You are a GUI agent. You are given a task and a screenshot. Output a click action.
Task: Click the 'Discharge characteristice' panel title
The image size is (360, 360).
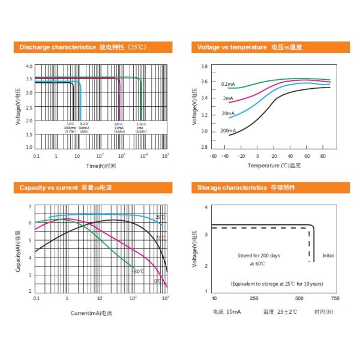click(x=58, y=47)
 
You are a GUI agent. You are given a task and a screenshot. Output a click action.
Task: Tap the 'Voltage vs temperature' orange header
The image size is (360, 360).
click(x=232, y=47)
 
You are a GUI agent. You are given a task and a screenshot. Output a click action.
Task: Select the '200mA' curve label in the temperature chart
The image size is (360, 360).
click(x=227, y=130)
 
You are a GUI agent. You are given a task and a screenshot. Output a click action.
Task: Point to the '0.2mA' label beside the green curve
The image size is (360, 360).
click(x=227, y=84)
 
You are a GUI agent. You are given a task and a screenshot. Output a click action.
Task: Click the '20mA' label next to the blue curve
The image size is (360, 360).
click(x=227, y=113)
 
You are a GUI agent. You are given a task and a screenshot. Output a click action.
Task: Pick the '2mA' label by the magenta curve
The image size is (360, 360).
click(x=227, y=98)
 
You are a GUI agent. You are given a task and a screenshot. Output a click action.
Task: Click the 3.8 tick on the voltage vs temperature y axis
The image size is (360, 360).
click(x=204, y=67)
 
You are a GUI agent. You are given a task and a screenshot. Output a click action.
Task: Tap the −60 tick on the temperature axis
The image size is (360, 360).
click(x=212, y=156)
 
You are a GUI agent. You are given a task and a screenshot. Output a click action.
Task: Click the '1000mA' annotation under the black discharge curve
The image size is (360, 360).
click(x=70, y=128)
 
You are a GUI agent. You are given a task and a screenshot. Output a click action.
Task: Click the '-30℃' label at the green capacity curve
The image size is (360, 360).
click(x=139, y=271)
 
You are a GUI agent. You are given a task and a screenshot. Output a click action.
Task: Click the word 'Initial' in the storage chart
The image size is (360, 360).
click(x=328, y=255)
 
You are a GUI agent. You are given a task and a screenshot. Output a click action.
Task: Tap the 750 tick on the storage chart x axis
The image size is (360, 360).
click(x=335, y=298)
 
